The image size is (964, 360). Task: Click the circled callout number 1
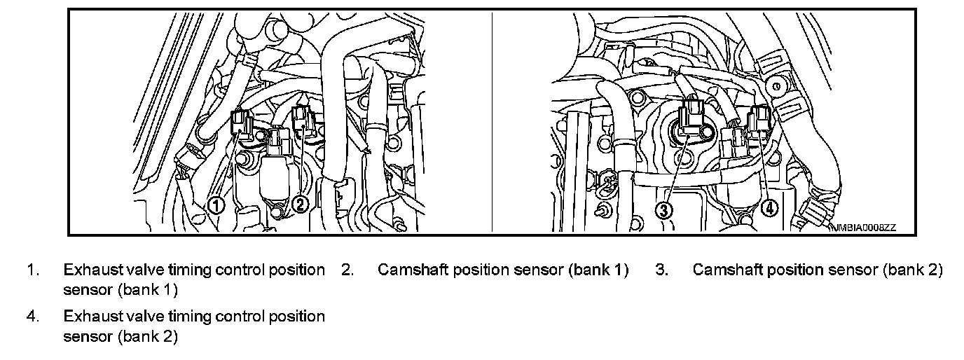coord(216,204)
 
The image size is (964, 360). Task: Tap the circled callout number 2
coord(300,204)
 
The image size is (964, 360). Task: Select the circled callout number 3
coord(663,208)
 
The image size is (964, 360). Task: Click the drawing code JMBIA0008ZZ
coord(864,228)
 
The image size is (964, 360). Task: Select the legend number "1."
coord(33,270)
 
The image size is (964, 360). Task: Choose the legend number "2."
coord(347,270)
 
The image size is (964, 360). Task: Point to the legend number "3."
coord(662,270)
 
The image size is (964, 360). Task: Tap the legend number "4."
coord(33,317)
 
